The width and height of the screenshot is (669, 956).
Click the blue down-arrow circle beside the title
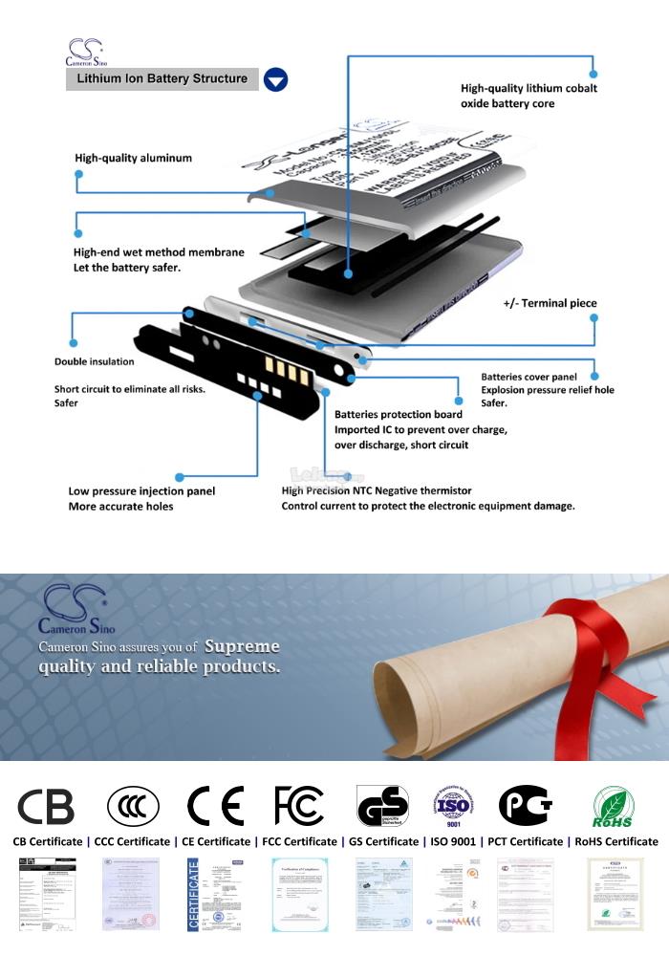(275, 79)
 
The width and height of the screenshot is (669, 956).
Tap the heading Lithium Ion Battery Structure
(162, 78)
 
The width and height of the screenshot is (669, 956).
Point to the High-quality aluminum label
(133, 158)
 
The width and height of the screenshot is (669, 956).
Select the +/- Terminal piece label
(550, 303)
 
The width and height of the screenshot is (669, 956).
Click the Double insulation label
(94, 361)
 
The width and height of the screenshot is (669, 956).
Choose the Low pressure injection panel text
(141, 490)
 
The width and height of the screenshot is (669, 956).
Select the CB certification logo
(46, 806)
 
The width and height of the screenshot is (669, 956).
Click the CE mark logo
(215, 806)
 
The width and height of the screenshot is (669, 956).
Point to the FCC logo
(298, 806)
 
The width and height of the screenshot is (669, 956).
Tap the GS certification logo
(381, 806)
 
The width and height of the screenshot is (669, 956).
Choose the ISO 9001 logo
(453, 806)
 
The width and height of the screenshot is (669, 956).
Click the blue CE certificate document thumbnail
(216, 894)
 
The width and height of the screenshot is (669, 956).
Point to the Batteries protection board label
(398, 414)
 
